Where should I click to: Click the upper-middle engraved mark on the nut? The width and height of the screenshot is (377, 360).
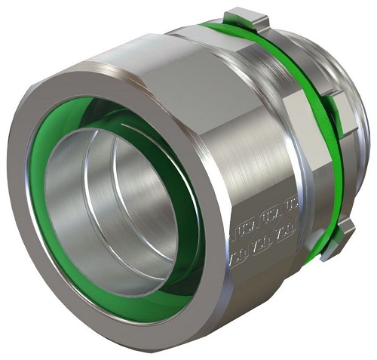click(x=265, y=218)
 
